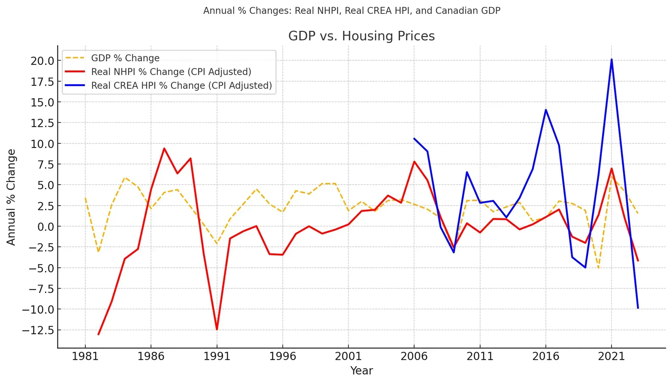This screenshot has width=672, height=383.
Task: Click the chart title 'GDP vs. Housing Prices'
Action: click(362, 36)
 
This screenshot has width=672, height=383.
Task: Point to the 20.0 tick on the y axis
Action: click(42, 61)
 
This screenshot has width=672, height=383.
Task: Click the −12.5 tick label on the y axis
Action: click(38, 330)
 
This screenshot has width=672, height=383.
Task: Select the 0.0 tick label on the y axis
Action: click(46, 227)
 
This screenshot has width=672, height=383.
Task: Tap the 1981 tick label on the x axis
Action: click(85, 356)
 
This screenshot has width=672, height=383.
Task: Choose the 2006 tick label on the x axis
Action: click(414, 356)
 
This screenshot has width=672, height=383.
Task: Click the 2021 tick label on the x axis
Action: click(611, 356)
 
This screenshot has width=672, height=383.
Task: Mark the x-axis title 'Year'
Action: click(362, 371)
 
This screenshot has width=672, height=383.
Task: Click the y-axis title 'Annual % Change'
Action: click(11, 197)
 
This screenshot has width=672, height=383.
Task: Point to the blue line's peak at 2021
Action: click(611, 59)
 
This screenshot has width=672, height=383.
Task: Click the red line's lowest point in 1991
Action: click(217, 329)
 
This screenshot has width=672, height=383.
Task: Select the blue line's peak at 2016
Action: click(546, 110)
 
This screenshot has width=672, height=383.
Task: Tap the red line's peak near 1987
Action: click(164, 148)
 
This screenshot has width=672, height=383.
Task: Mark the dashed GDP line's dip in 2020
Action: click(598, 268)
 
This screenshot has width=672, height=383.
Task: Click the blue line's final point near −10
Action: click(638, 308)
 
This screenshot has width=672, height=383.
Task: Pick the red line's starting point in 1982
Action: click(98, 334)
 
